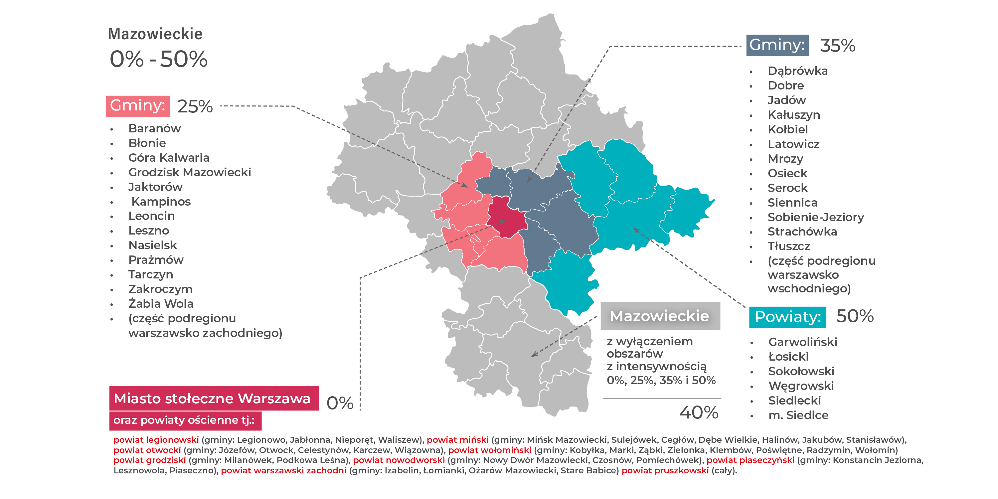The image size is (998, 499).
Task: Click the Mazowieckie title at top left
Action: pyautogui.click(x=155, y=34)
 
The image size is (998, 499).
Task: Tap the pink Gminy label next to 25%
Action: pyautogui.click(x=138, y=106)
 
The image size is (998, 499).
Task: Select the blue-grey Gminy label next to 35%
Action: pyautogui.click(x=777, y=45)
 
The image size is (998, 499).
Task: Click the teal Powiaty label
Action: pyautogui.click(x=787, y=317)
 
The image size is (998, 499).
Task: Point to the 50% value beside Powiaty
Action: pyautogui.click(x=855, y=316)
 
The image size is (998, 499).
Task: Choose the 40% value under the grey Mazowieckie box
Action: pyautogui.click(x=699, y=412)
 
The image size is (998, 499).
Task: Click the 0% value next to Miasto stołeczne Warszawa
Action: pyautogui.click(x=340, y=403)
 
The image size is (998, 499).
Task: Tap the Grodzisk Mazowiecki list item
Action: pyautogui.click(x=189, y=172)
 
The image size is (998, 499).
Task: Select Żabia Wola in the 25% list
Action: pyautogui.click(x=161, y=303)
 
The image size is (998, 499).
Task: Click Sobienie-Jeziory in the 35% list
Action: pyautogui.click(x=815, y=217)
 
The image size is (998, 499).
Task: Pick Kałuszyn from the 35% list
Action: pyautogui.click(x=794, y=115)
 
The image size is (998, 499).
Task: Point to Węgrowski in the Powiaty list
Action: pyautogui.click(x=801, y=386)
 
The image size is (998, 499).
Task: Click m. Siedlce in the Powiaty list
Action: pyautogui.click(x=798, y=415)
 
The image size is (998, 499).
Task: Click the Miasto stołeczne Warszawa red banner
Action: pyautogui.click(x=214, y=398)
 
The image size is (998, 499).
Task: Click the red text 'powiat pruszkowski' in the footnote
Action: pyautogui.click(x=665, y=470)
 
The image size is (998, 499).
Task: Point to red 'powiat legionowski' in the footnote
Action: pyautogui.click(x=156, y=440)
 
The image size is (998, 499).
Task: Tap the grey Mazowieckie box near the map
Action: pyautogui.click(x=660, y=316)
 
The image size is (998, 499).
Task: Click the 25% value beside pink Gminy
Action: pyautogui.click(x=195, y=106)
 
